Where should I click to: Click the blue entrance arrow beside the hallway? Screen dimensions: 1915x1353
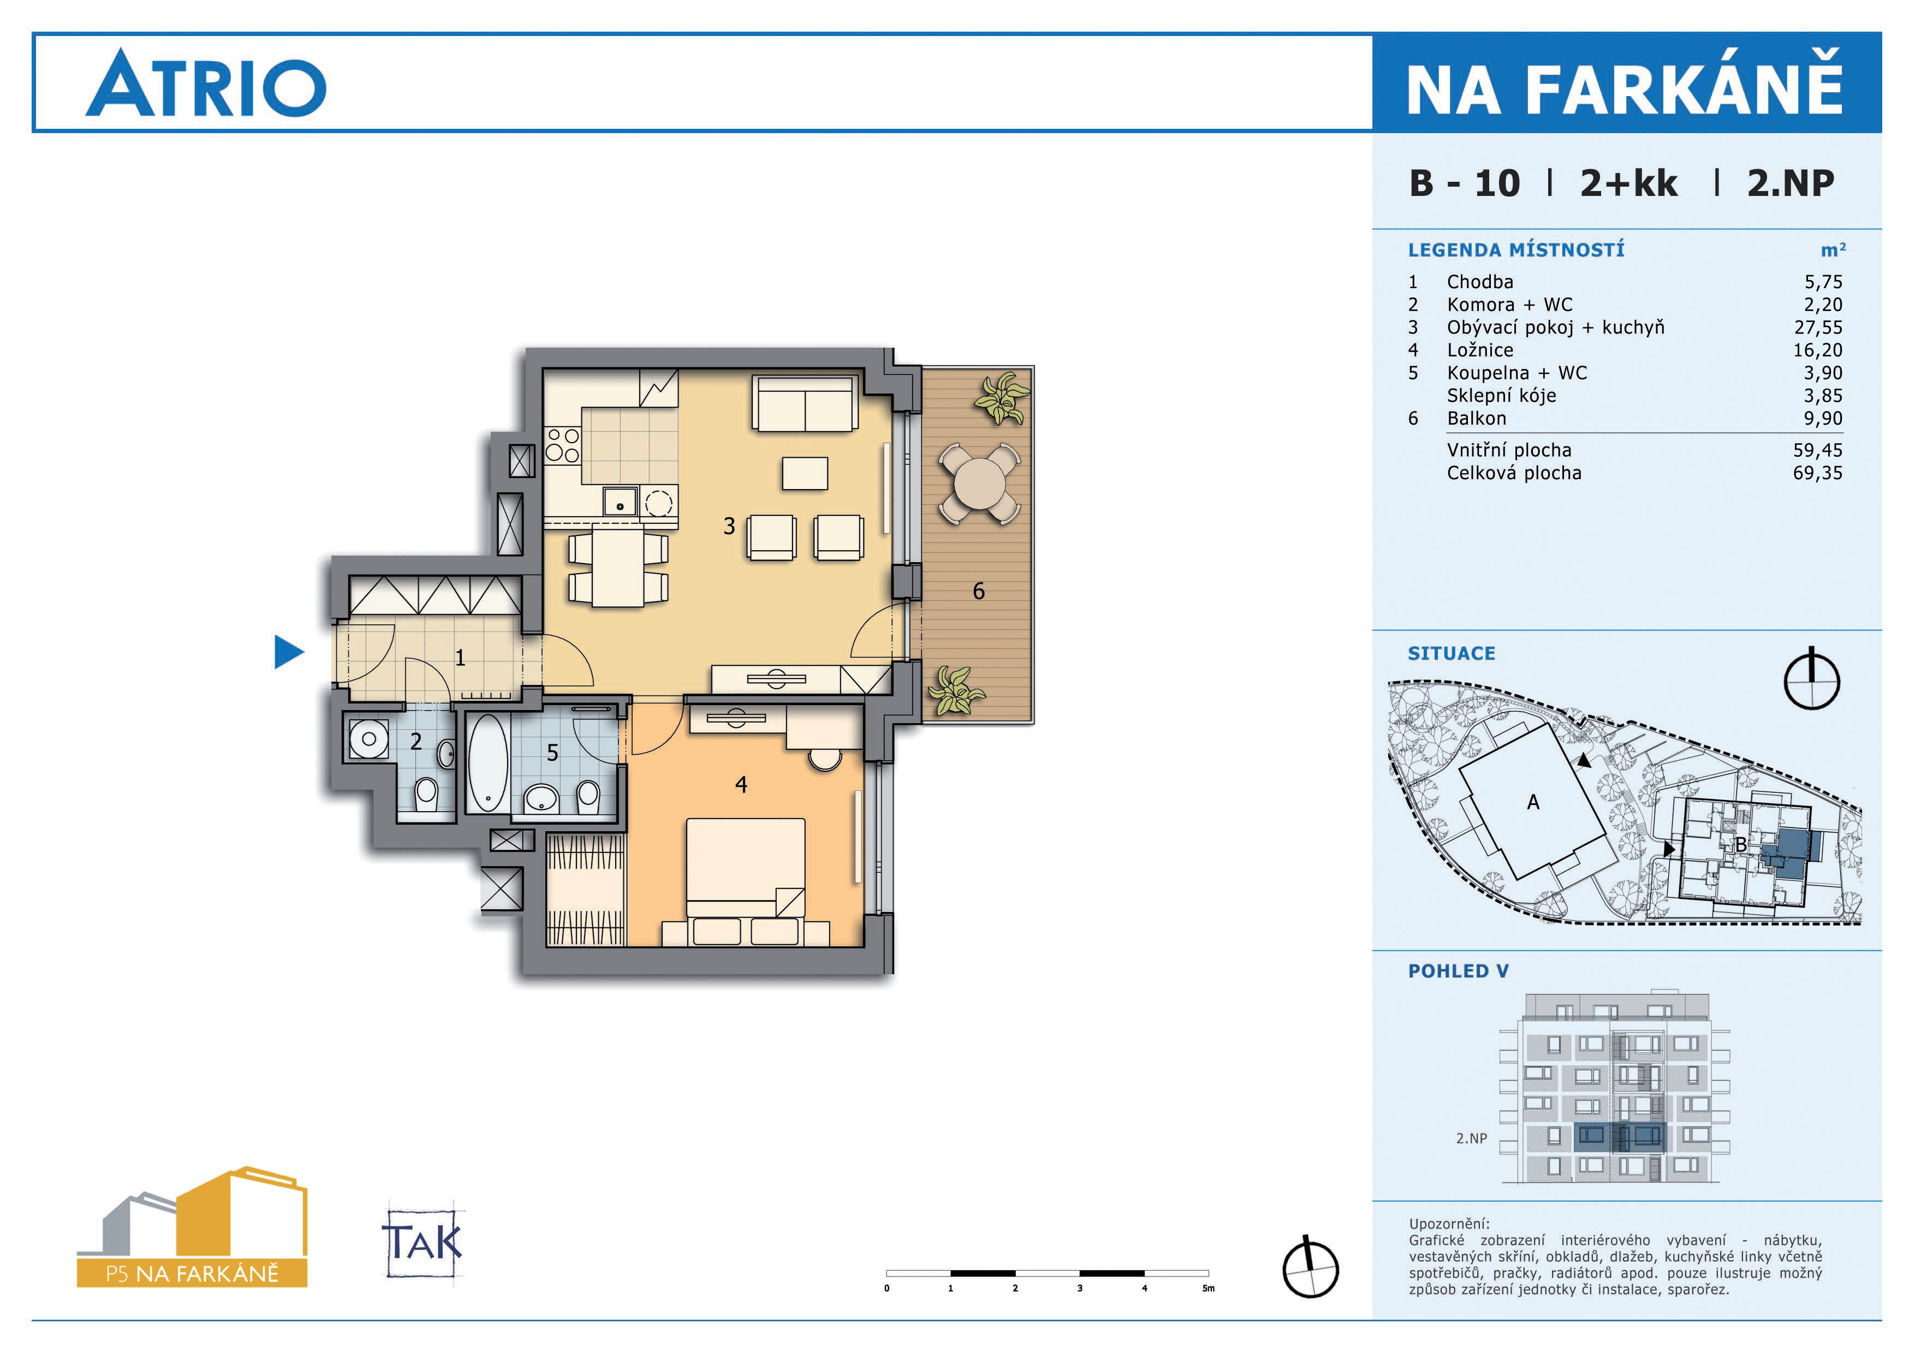coord(288,652)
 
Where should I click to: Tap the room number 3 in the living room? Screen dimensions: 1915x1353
coord(729,526)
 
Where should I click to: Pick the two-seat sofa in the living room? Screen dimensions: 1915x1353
coord(805,403)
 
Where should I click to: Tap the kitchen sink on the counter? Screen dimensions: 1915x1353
coord(621,502)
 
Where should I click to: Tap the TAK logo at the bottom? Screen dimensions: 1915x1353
coord(423,1242)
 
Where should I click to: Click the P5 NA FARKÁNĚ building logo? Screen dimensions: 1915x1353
coord(193,1227)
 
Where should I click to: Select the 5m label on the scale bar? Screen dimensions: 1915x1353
coord(1209,1288)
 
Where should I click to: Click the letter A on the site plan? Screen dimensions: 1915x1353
coord(1533,802)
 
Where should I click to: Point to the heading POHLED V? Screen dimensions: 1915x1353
coord(1458,971)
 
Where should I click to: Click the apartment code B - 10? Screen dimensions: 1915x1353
coord(1465,183)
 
